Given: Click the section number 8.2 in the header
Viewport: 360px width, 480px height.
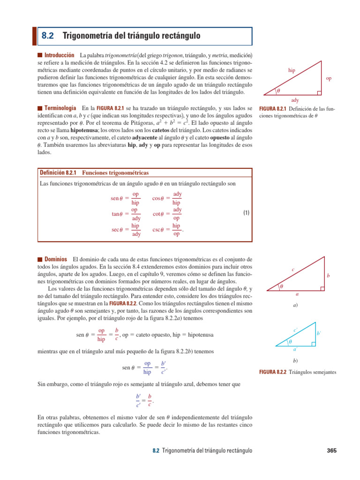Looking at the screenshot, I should click(48, 36).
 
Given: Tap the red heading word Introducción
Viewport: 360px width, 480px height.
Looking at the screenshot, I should click(59, 55).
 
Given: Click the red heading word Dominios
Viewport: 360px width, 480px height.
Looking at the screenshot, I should click(55, 259).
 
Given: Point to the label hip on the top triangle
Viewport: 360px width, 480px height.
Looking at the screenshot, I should click(292, 70).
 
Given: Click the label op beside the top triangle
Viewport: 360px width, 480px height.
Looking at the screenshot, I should click(329, 79).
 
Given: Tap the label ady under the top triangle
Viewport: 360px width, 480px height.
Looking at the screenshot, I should click(295, 100).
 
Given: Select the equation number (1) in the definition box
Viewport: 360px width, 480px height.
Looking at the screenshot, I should click(246, 213).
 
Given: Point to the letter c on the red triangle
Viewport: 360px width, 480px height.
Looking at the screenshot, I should click(292, 270).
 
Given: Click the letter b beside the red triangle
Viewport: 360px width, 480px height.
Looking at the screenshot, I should click(329, 277).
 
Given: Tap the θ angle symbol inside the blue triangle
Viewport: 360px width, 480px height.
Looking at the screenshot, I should click(290, 342).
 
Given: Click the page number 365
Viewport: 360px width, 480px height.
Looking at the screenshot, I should click(331, 451).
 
